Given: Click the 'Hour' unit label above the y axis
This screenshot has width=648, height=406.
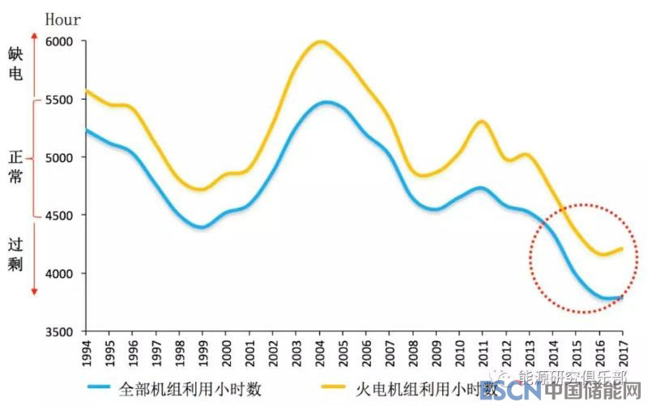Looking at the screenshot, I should click(x=62, y=18).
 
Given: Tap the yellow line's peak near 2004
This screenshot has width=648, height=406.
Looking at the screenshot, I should click(x=322, y=41).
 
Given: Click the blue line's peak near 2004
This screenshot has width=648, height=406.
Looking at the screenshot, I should click(x=326, y=102).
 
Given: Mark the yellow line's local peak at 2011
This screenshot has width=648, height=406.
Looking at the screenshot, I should click(x=482, y=122).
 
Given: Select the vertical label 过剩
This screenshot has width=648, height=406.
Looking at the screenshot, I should click(x=15, y=254).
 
